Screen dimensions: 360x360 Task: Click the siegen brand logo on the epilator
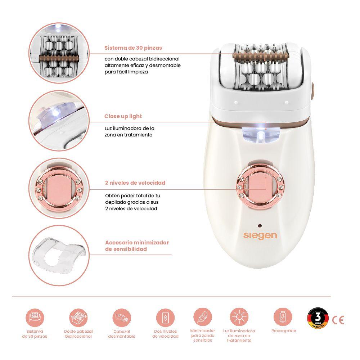coord(260,235)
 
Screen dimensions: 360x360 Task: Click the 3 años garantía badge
coord(318,319)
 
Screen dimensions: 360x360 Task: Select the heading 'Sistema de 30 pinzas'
coord(133,48)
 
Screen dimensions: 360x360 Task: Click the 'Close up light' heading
coord(123,116)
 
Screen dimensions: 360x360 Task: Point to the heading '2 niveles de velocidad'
coord(135,183)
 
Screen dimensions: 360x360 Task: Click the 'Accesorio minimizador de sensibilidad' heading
coord(137,246)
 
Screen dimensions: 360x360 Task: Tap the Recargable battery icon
coord(283,317)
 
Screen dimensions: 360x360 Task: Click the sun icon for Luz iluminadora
coord(239,318)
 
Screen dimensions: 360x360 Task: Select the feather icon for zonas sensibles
coord(202,317)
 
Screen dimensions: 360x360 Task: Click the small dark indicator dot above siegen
coord(259,225)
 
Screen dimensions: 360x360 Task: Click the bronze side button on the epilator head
coord(312,89)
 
